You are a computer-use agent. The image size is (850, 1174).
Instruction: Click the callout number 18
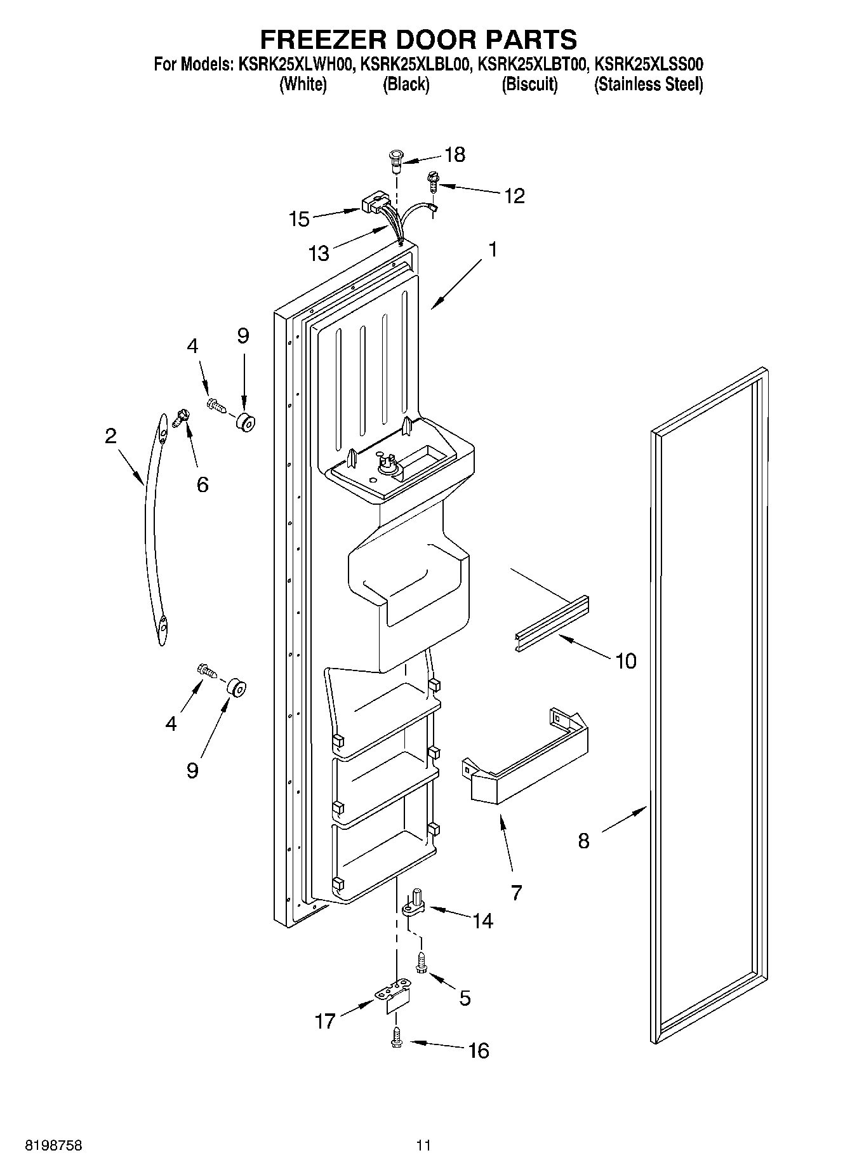click(x=455, y=154)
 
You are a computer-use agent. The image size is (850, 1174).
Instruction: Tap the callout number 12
click(x=514, y=196)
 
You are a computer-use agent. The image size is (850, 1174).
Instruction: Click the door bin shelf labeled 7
click(x=526, y=756)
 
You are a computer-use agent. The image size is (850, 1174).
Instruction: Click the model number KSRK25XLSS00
click(x=648, y=64)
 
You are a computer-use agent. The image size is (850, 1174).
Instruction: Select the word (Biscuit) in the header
click(x=529, y=84)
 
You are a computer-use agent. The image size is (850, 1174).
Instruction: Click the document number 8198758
click(x=53, y=1145)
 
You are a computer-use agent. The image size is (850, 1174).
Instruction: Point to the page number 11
click(x=423, y=1145)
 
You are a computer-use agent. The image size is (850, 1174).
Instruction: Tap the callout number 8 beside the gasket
click(x=583, y=841)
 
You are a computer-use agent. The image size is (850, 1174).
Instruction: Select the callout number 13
click(x=319, y=254)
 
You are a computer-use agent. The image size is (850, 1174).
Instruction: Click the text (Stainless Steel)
click(x=648, y=84)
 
